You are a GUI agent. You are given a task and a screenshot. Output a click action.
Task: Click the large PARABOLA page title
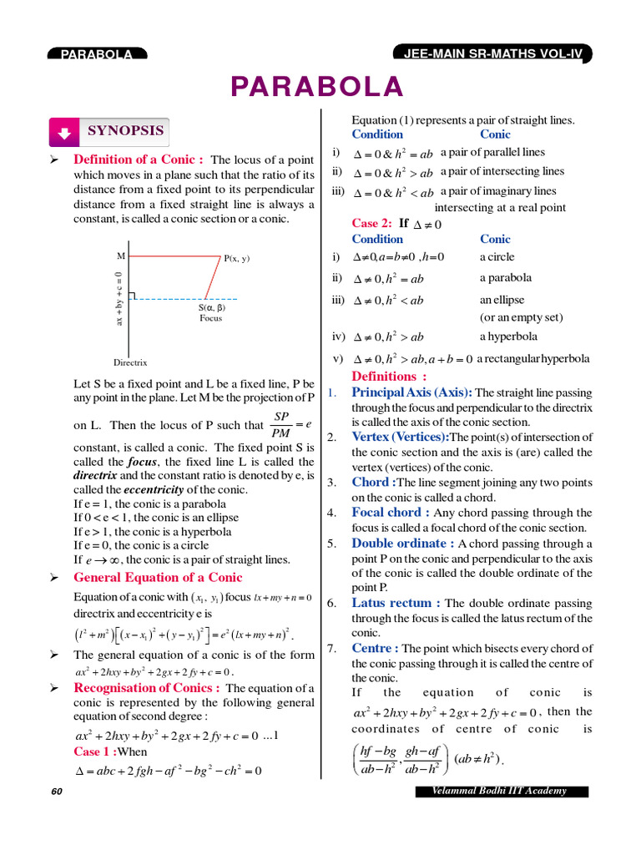[x=317, y=87]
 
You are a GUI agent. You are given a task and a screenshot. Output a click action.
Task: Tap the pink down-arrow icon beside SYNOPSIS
[x=64, y=132]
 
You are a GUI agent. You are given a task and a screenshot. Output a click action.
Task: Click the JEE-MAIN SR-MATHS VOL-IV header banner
[x=492, y=54]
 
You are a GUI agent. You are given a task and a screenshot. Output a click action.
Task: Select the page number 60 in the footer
[x=56, y=791]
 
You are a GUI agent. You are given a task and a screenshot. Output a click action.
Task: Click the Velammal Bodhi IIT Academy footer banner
[x=502, y=791]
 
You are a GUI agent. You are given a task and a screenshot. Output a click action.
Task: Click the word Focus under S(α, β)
[x=211, y=318]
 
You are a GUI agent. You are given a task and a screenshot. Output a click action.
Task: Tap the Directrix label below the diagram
[x=130, y=362]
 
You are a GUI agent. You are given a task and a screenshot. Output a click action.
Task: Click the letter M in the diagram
[x=121, y=255]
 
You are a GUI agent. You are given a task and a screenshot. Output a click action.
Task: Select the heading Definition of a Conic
[x=139, y=159]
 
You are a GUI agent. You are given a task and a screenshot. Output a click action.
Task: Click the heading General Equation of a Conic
[x=158, y=577]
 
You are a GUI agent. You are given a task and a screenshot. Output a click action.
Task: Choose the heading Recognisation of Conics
[x=147, y=688]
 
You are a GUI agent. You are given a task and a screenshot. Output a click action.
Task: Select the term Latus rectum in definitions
[x=396, y=603]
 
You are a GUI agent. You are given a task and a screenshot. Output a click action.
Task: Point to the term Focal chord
[x=391, y=513]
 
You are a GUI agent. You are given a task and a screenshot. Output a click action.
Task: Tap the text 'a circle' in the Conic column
[x=497, y=257]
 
